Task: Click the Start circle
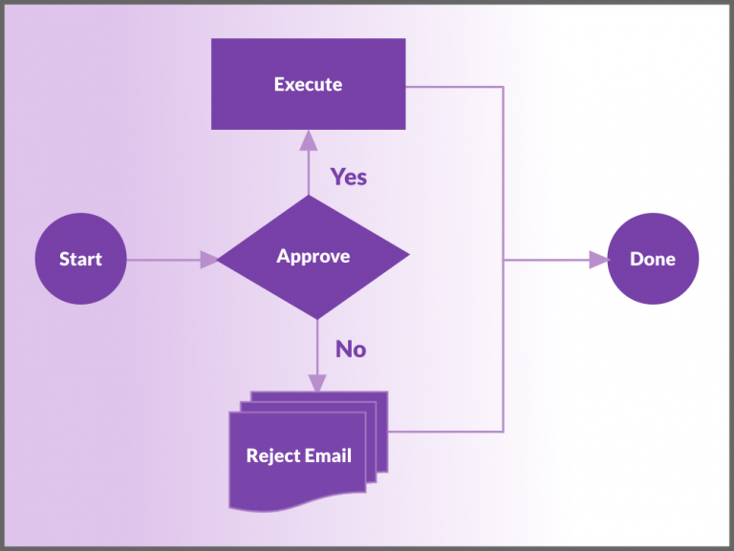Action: [80, 259]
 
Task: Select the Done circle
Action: [653, 259]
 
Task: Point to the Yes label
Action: [349, 177]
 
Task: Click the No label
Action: [350, 350]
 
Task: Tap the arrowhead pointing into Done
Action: [598, 259]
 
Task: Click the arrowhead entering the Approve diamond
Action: [208, 259]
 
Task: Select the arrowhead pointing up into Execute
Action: [308, 141]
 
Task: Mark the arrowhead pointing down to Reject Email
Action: [316, 382]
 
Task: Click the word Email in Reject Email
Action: [328, 456]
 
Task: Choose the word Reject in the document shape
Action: [272, 456]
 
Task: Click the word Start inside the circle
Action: [80, 259]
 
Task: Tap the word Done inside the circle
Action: [653, 259]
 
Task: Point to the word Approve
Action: [313, 256]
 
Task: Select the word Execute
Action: [308, 84]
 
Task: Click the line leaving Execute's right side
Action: [454, 87]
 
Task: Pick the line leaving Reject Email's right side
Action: [444, 431]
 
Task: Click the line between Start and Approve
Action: [162, 259]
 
